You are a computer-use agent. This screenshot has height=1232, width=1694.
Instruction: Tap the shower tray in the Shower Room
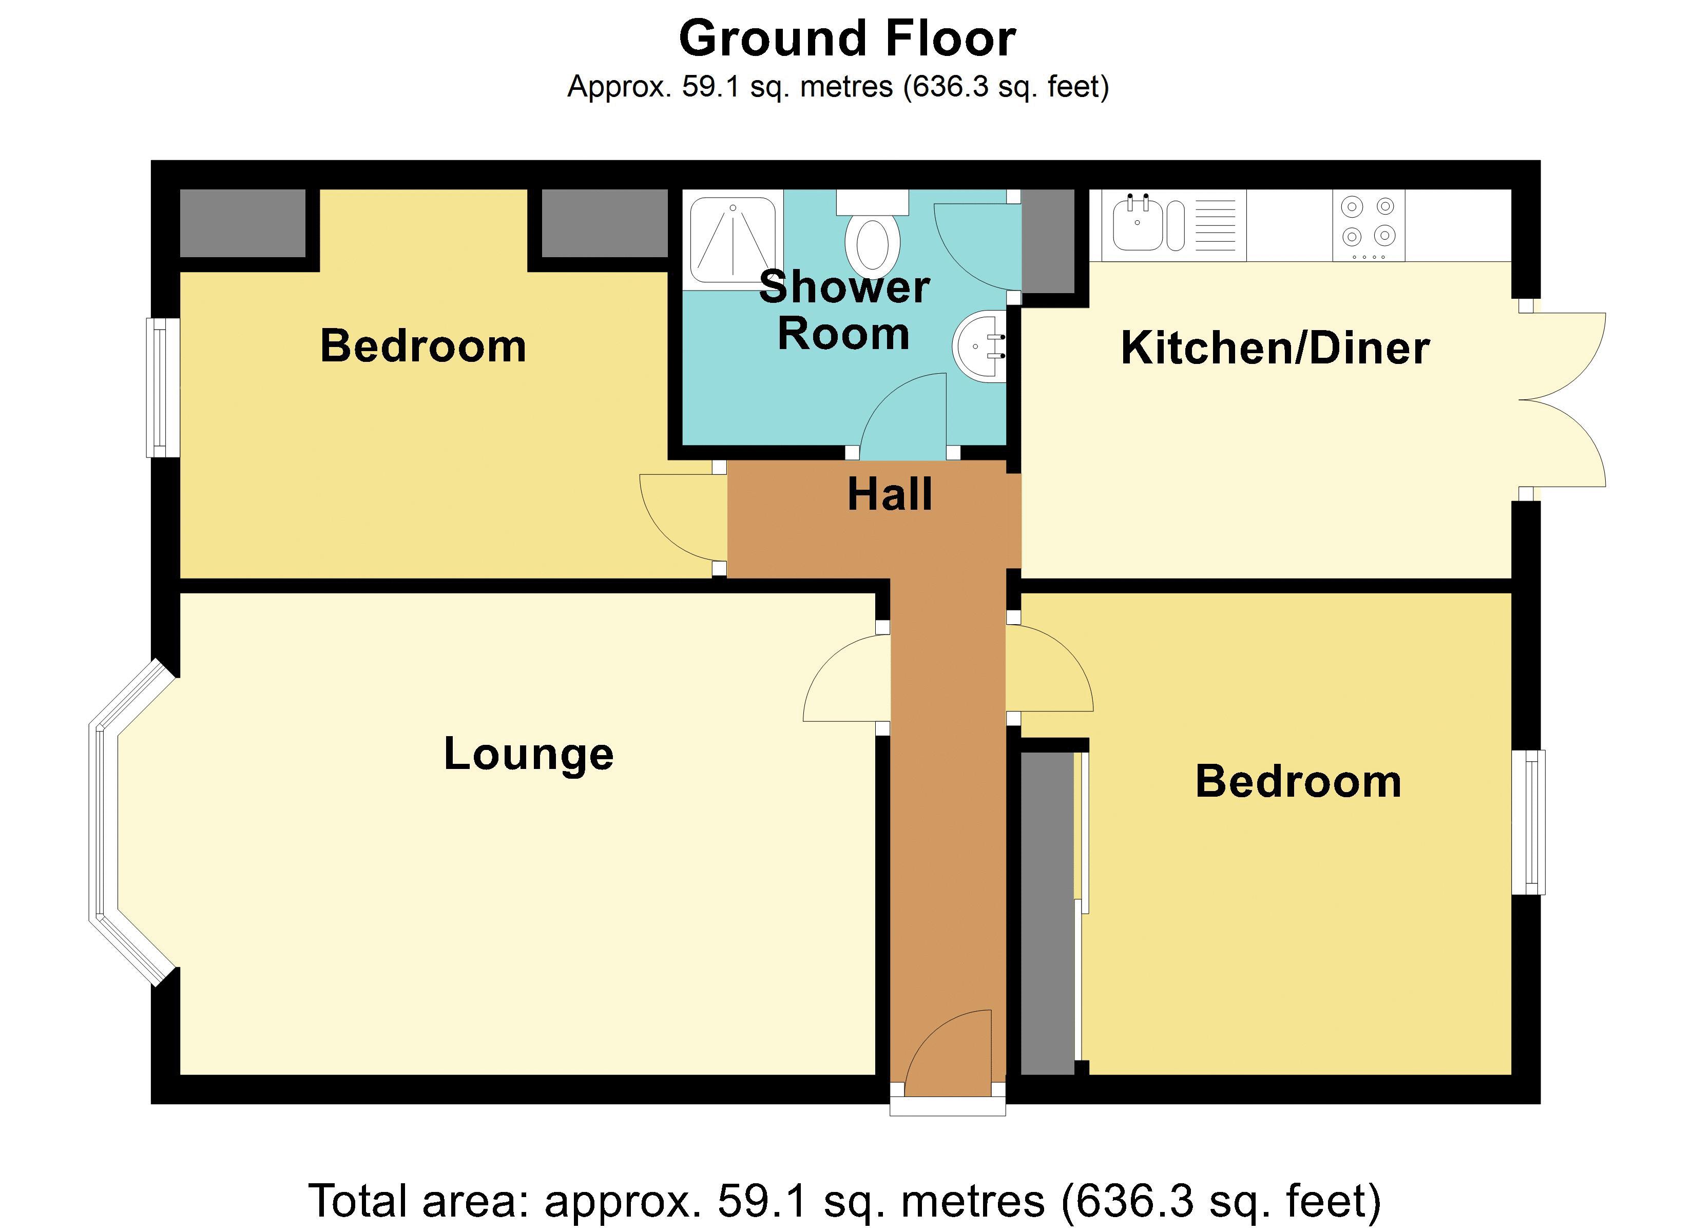tap(733, 239)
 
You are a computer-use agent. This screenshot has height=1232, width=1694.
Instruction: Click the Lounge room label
tap(528, 754)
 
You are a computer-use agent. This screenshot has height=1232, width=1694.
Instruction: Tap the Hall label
tap(890, 494)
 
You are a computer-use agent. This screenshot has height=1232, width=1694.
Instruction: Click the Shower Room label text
tap(844, 310)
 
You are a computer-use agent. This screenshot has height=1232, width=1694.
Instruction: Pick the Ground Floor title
tap(847, 38)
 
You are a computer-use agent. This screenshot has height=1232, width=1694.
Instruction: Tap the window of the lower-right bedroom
tap(1528, 822)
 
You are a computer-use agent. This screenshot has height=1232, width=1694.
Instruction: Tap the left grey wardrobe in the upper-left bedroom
tap(243, 223)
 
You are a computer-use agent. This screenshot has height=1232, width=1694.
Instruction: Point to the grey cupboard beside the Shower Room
tap(1048, 241)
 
